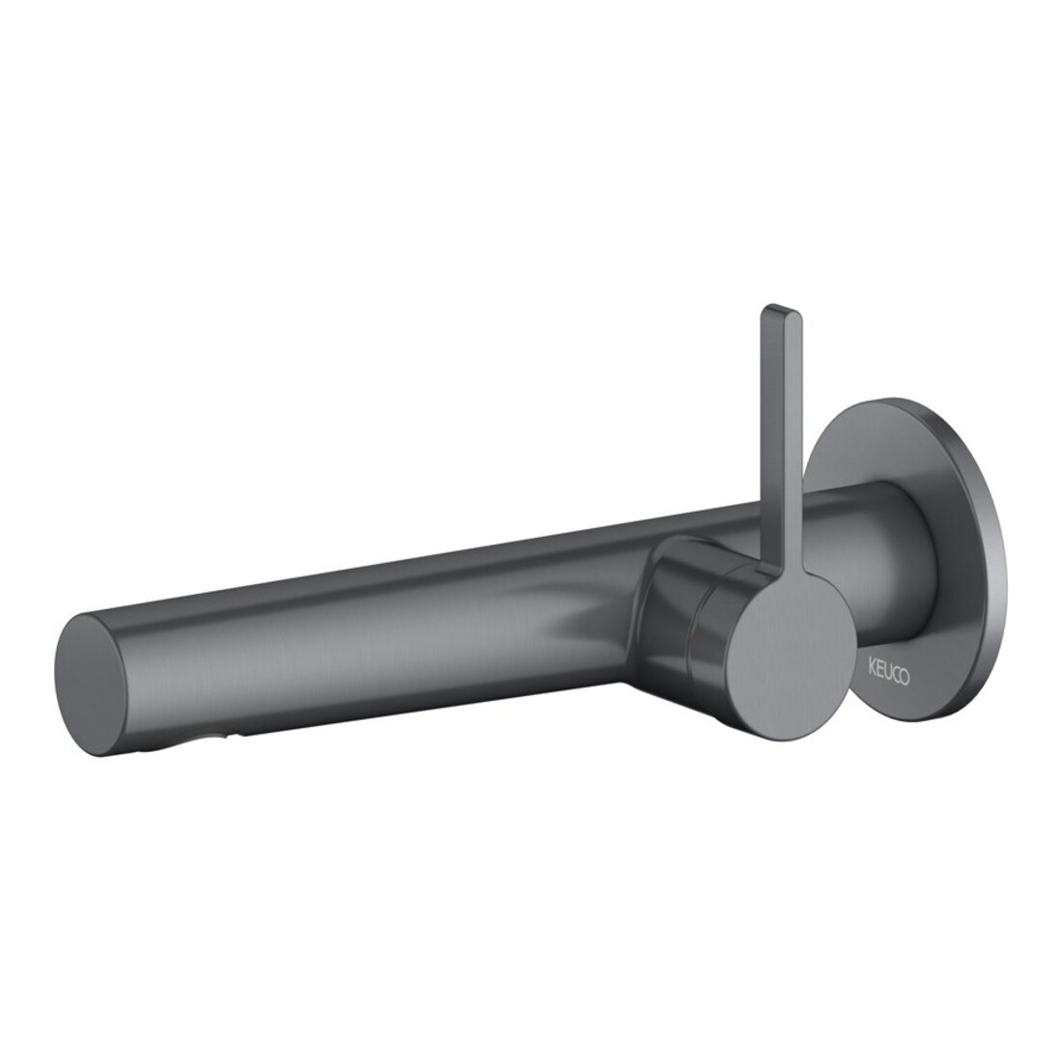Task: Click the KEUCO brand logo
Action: click(x=889, y=677)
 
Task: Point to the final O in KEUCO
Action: click(x=906, y=680)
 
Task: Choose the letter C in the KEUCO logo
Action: click(x=896, y=678)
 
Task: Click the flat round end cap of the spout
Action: click(x=91, y=685)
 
